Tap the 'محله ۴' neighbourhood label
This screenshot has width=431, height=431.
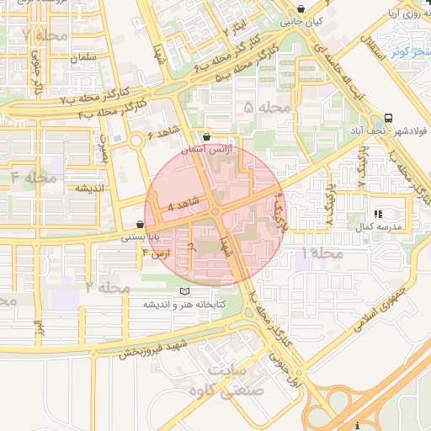[35, 178]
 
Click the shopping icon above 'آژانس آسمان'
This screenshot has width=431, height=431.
[208, 136]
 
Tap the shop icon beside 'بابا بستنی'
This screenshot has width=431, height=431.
[140, 225]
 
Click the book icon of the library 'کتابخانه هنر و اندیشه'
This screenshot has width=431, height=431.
[184, 291]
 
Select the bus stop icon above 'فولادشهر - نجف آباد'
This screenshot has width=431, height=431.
[388, 118]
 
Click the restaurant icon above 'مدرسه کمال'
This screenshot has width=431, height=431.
[379, 215]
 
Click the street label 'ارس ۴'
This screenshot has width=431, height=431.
[157, 253]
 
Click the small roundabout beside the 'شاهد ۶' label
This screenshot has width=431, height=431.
[135, 141]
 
